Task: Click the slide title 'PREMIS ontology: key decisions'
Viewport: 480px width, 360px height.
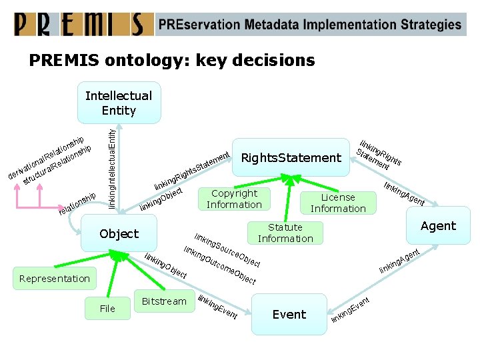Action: (x=171, y=61)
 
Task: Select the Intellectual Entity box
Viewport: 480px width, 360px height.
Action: (x=119, y=103)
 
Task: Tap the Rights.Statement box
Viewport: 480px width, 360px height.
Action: (x=291, y=158)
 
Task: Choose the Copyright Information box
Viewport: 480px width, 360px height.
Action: (x=234, y=199)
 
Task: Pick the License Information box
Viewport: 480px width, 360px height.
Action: (x=338, y=203)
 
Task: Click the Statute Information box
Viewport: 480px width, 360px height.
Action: (x=285, y=233)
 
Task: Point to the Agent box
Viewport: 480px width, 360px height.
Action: (x=438, y=226)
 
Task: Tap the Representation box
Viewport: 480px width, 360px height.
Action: (x=55, y=279)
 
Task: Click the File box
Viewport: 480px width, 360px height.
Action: (x=107, y=308)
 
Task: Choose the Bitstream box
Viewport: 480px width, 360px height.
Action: (x=164, y=301)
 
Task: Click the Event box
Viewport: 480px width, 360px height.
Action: (x=289, y=314)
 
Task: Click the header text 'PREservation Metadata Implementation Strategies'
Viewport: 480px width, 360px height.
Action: (x=309, y=25)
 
